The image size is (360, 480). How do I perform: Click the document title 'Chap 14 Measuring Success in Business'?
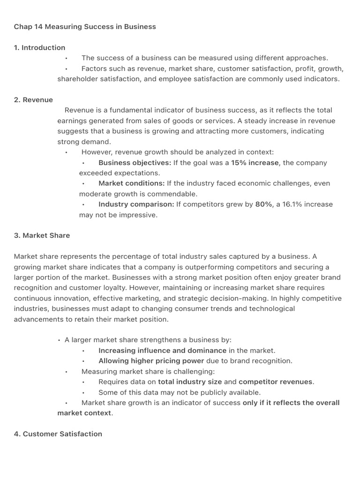(x=85, y=27)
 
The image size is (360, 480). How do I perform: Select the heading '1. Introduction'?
(x=40, y=47)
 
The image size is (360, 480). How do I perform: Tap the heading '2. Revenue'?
(x=33, y=100)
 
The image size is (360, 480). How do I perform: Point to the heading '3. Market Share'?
(x=42, y=235)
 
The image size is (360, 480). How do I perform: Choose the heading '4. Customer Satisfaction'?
(x=58, y=434)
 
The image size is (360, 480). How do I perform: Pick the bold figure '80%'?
(x=263, y=204)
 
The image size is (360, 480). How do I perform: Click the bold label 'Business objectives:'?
(x=135, y=163)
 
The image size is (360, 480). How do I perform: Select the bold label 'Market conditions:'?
(x=132, y=183)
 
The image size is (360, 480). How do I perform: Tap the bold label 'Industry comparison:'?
(x=136, y=204)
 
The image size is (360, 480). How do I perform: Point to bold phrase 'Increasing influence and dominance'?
(x=162, y=351)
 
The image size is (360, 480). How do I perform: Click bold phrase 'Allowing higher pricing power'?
(x=151, y=361)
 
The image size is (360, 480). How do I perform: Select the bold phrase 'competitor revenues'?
(x=276, y=382)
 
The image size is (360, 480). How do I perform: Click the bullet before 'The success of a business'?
(x=67, y=58)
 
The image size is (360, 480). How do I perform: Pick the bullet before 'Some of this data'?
(x=83, y=392)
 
